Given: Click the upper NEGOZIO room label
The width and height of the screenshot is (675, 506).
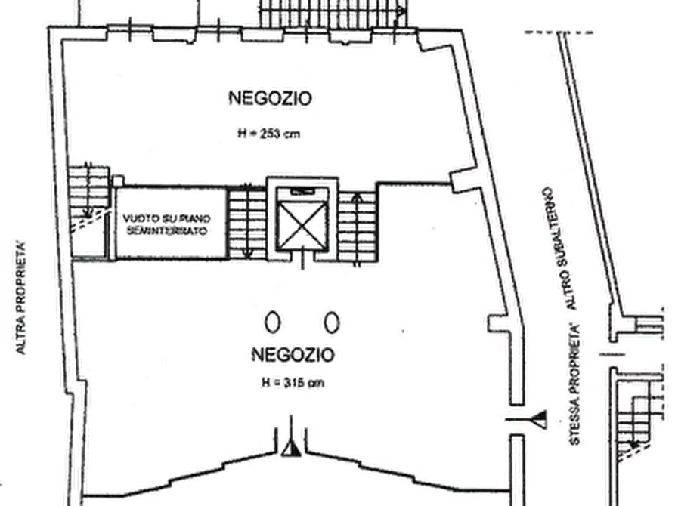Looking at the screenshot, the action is pos(270,98).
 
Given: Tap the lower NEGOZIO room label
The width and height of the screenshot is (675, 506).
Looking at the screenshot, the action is pos(293,355).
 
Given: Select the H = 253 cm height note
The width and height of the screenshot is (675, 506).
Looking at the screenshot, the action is pos(268,134).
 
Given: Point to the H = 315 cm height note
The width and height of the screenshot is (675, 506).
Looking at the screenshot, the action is pos(293,382).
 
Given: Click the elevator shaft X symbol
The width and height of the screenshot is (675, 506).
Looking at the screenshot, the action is pos(302,226).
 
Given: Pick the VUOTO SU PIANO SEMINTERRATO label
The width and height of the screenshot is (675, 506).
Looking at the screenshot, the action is pos(166,224).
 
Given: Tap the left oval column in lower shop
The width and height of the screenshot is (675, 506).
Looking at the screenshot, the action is pos(273,322).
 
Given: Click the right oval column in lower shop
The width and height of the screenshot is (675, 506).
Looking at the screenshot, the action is pos(332,322).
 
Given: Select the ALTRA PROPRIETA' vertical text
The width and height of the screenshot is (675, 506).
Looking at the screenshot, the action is pos(20,298).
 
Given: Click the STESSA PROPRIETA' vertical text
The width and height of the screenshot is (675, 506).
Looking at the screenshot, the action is pos(575,384).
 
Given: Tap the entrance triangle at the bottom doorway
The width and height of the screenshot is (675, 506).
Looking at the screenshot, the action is pos(292,449).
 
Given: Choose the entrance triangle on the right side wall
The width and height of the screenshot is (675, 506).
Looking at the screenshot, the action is pos(540,419).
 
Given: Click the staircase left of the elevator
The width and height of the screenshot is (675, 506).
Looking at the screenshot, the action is pos(246,224).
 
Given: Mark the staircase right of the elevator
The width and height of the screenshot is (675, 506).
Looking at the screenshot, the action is pos(358,227).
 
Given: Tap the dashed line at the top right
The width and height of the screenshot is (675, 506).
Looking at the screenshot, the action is pos(559,32).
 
